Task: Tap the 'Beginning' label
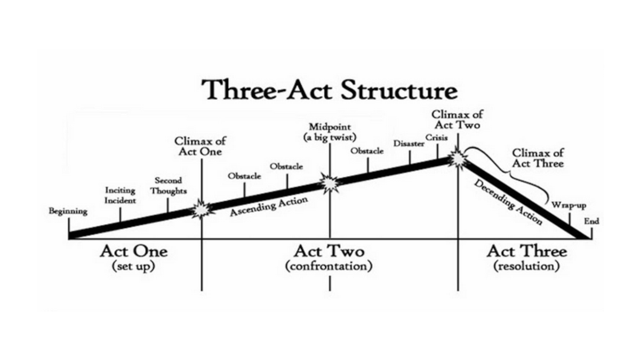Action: pyautogui.click(x=68, y=211)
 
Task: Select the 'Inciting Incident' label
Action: pyautogui.click(x=120, y=195)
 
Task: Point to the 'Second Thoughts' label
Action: pyautogui.click(x=168, y=186)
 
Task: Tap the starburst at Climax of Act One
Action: pyautogui.click(x=202, y=209)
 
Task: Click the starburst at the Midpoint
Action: pyautogui.click(x=330, y=183)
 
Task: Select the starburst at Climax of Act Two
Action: pyautogui.click(x=458, y=158)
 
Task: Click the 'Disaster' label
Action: pyautogui.click(x=409, y=144)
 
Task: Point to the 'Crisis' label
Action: pyautogui.click(x=433, y=138)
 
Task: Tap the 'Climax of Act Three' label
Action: pyautogui.click(x=538, y=158)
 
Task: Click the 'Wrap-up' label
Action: pyautogui.click(x=565, y=204)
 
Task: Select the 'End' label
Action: pyautogui.click(x=591, y=221)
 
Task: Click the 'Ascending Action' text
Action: pyautogui.click(x=268, y=206)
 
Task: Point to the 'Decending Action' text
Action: pyautogui.click(x=508, y=202)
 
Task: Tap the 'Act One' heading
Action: pyautogui.click(x=133, y=251)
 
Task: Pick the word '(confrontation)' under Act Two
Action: pyautogui.click(x=329, y=266)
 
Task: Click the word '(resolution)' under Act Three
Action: pyautogui.click(x=527, y=266)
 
